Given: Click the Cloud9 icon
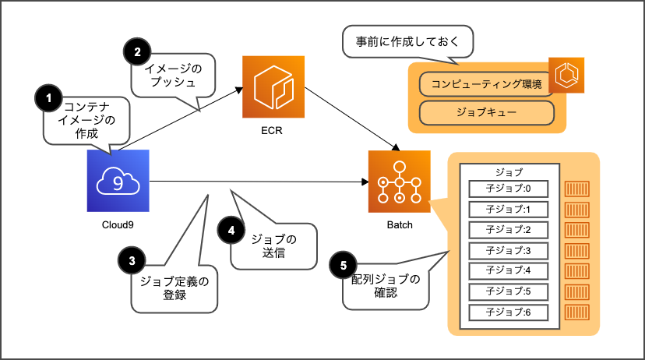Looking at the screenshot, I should pyautogui.click(x=117, y=181).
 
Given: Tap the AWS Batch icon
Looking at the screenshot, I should pyautogui.click(x=398, y=182).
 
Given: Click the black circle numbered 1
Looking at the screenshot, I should pyautogui.click(x=49, y=98).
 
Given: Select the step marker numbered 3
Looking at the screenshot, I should pyautogui.click(x=132, y=259).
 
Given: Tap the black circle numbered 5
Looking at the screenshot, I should pyautogui.click(x=343, y=266).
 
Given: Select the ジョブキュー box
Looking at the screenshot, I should pyautogui.click(x=486, y=112).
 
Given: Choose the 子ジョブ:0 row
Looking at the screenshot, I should pyautogui.click(x=509, y=189).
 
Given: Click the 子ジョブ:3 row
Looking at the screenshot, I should pyautogui.click(x=509, y=251).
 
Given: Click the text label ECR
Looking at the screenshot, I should pyautogui.click(x=271, y=130).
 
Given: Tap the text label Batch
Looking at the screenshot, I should pyautogui.click(x=399, y=225).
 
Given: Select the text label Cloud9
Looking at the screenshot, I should pyautogui.click(x=117, y=225).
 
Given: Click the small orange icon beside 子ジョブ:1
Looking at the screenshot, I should pyautogui.click(x=577, y=209).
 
